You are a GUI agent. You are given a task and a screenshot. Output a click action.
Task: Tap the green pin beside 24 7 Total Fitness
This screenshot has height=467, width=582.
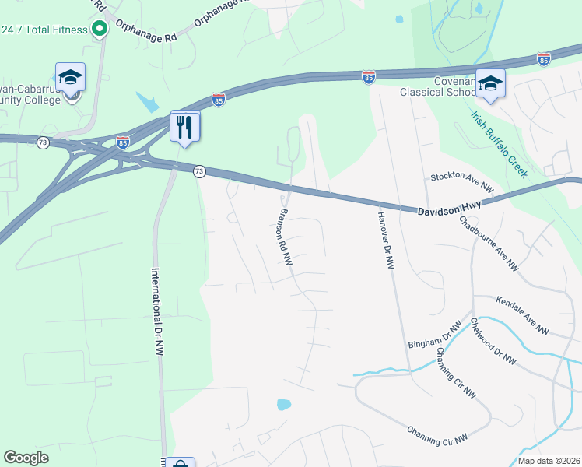pos(100,30)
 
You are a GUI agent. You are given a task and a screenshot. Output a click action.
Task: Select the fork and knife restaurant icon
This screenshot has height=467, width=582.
pos(185,126)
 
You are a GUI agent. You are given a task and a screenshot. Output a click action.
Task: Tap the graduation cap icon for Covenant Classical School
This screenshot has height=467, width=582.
pos(490,83)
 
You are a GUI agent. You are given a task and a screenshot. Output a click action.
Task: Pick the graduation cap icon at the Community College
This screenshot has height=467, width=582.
pos(70,77)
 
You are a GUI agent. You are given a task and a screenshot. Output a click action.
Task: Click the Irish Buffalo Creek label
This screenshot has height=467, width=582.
pos(499,144)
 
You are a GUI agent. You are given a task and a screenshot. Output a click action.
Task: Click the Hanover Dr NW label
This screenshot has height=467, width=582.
pos(386,241)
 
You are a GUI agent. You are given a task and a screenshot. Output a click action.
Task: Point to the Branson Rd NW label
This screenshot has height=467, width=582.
pos(286,237)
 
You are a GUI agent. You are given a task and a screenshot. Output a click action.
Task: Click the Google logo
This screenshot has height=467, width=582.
pos(26,458)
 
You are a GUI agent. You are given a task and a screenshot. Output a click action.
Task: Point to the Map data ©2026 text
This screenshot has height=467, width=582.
pos(549,461)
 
